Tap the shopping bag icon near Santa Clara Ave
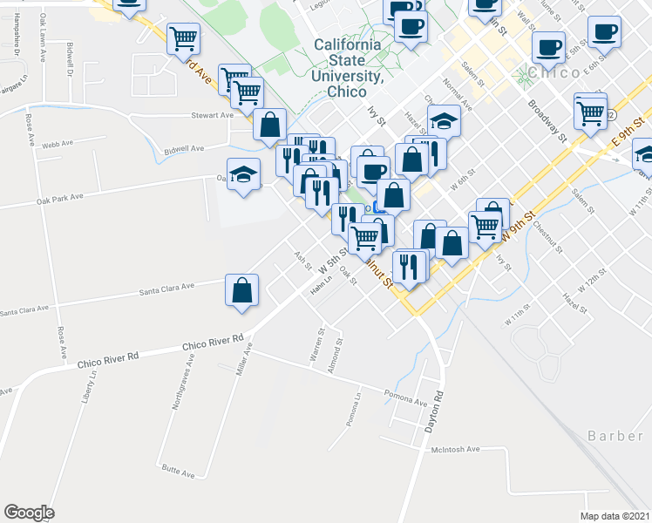point(241,292)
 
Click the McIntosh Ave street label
point(455,450)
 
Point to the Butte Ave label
point(178,474)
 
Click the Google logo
point(29,513)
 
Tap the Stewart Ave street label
point(213,115)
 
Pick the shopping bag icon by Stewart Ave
point(270,125)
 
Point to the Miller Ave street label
point(243,359)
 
